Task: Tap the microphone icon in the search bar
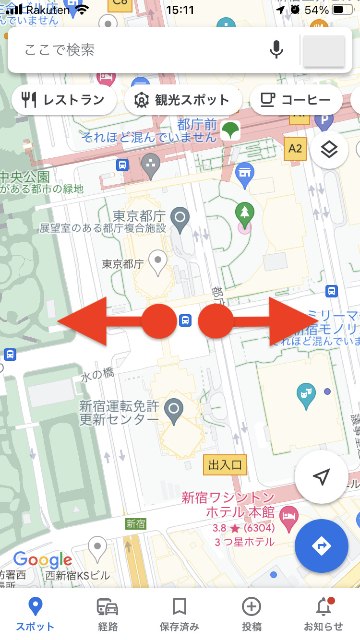[276, 50]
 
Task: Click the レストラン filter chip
[64, 100]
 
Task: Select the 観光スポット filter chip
[183, 100]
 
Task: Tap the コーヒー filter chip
[296, 100]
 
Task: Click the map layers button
[329, 150]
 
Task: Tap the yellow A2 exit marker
[295, 149]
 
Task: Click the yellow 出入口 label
[225, 464]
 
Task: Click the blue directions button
[321, 546]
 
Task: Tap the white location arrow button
[321, 476]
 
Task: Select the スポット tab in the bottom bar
[35, 614]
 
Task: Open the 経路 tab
[108, 614]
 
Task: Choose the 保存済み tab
[180, 614]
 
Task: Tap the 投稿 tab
[252, 614]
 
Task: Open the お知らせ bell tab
[324, 614]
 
